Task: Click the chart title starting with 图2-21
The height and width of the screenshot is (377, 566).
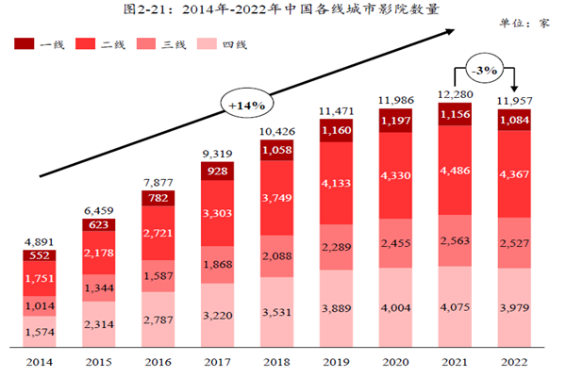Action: click(x=282, y=10)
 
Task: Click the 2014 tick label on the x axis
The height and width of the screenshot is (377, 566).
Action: click(x=39, y=360)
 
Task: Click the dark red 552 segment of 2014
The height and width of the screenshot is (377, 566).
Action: click(x=39, y=254)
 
